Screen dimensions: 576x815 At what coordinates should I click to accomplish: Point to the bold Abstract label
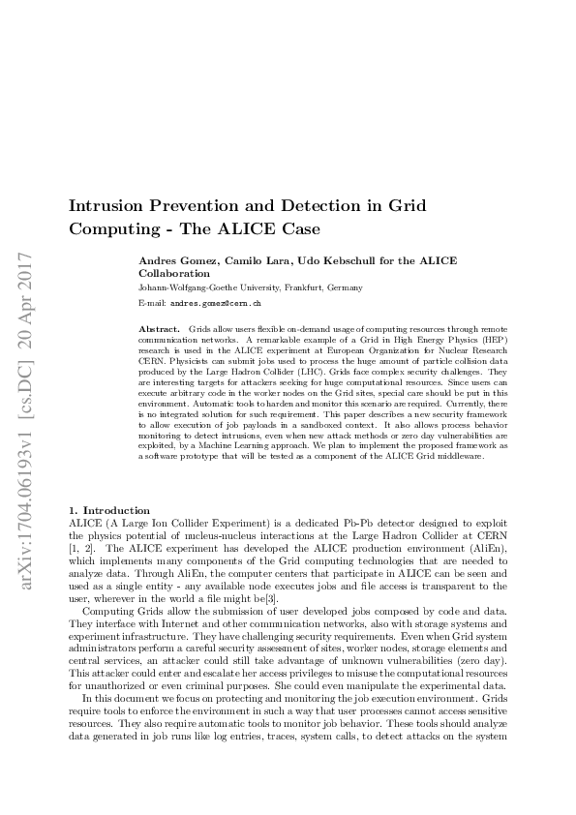tap(160, 330)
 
